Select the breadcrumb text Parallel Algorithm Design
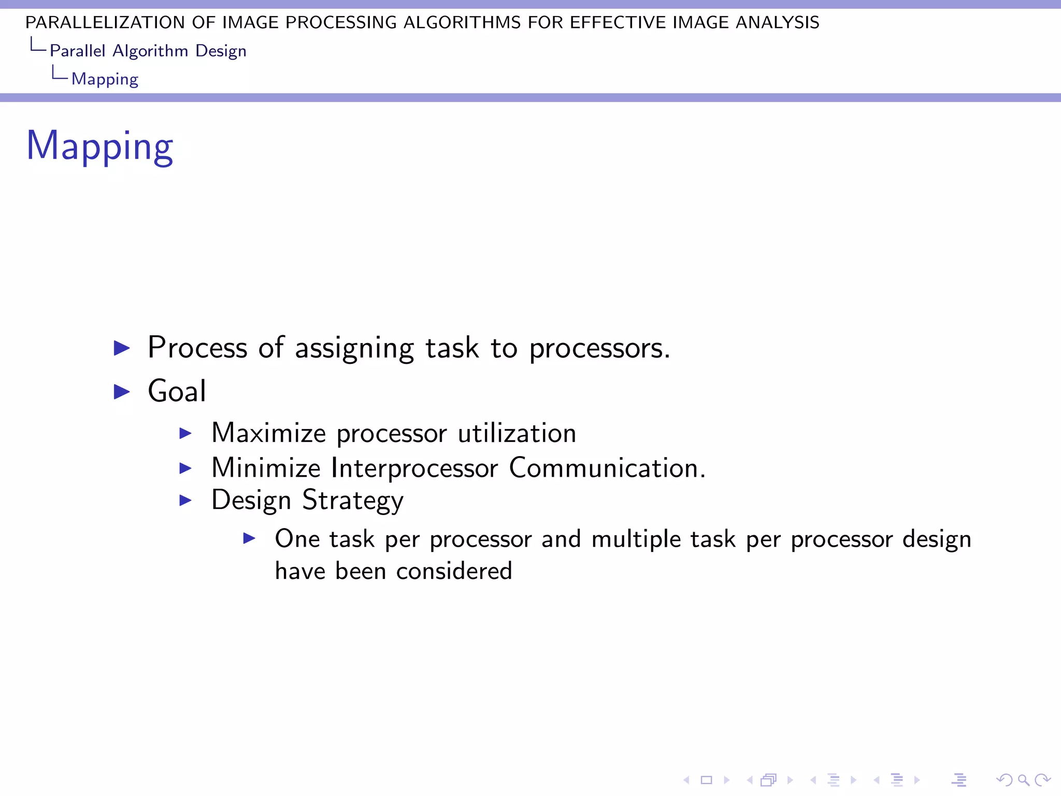click(148, 51)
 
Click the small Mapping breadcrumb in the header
click(105, 79)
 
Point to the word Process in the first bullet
click(197, 347)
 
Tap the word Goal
click(177, 391)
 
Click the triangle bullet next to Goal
click(122, 392)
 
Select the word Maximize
click(268, 433)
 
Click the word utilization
click(517, 433)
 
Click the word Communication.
click(607, 467)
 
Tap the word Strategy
click(352, 501)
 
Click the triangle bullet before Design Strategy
click(185, 501)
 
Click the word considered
click(454, 571)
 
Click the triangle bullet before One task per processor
click(249, 539)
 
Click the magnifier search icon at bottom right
click(1023, 780)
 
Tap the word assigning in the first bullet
click(354, 348)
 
